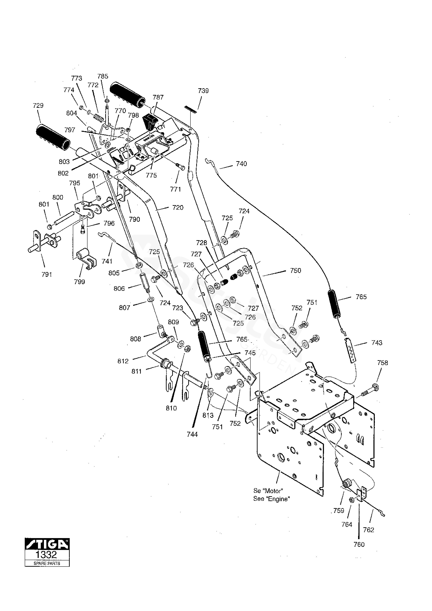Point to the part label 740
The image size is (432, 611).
tap(241, 164)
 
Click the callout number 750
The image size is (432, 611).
tap(296, 271)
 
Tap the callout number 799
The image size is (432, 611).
tap(79, 282)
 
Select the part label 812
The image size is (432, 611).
tap(123, 361)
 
